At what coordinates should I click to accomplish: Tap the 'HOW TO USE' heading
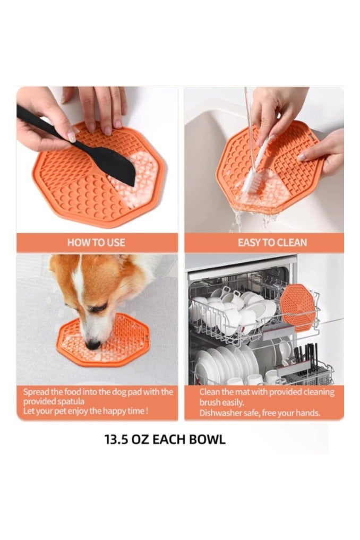click(x=96, y=243)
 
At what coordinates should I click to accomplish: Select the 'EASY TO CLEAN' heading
click(x=272, y=243)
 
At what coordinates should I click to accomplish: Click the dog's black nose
click(x=93, y=345)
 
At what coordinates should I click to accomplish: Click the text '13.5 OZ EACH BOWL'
click(x=165, y=440)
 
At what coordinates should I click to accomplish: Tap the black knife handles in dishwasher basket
click(x=307, y=355)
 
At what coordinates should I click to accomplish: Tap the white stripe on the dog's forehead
click(x=79, y=287)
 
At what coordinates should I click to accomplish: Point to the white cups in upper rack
click(x=234, y=313)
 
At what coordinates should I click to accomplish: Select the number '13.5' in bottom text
click(x=118, y=440)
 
